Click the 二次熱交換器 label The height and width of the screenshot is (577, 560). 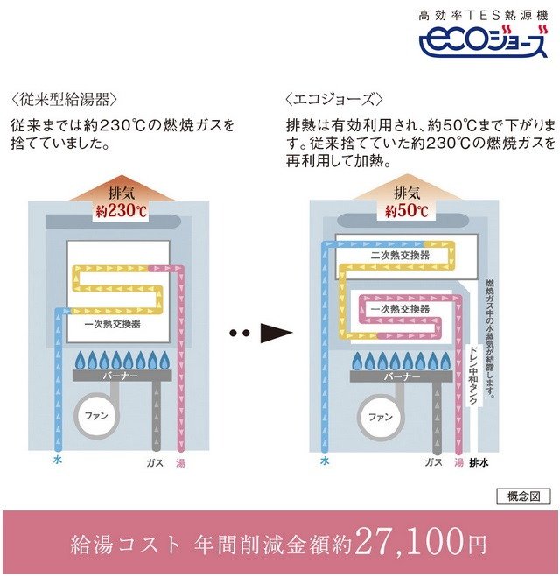coord(400,255)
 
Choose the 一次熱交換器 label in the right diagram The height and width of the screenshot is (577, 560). coord(400,309)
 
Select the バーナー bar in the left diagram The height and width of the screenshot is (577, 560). coord(120,376)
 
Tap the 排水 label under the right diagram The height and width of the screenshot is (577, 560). coord(479,461)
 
